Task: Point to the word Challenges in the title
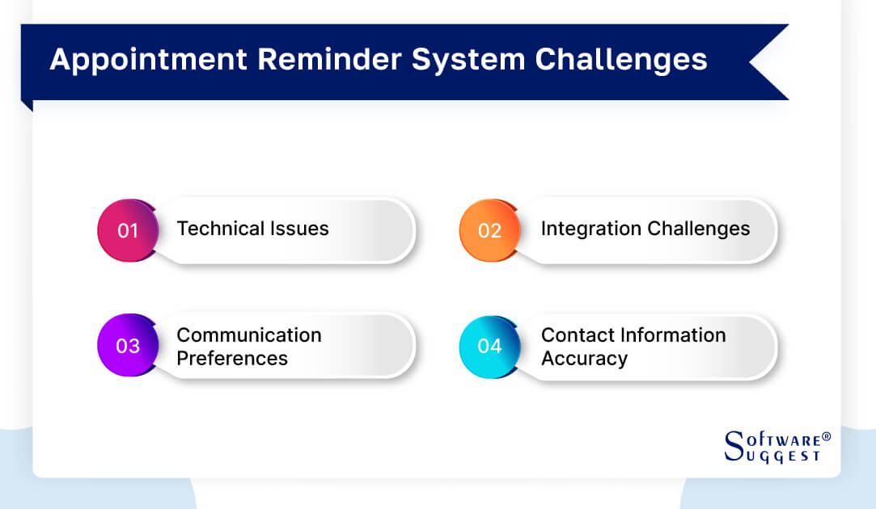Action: [x=615, y=61]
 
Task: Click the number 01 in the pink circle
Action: [x=128, y=231]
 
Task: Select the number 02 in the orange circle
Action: [x=489, y=231]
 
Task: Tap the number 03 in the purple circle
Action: [x=128, y=346]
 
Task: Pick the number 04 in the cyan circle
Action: [x=489, y=346]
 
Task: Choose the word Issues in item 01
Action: [x=299, y=229]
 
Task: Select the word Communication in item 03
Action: [x=249, y=334]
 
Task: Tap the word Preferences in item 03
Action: [x=232, y=358]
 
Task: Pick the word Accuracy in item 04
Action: [x=584, y=358]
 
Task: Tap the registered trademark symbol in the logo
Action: [x=826, y=436]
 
